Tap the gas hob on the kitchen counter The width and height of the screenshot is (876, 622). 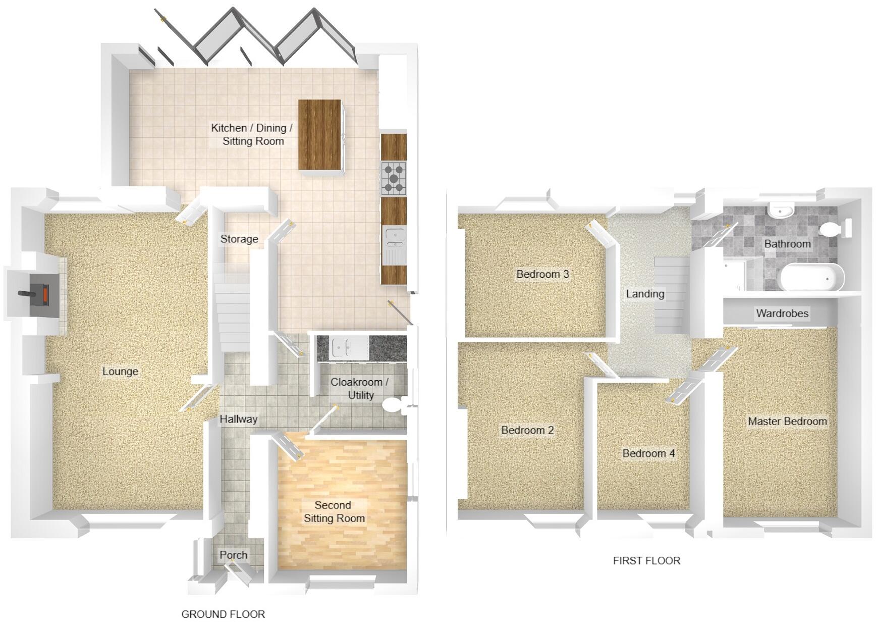click(393, 178)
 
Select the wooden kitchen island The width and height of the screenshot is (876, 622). click(319, 135)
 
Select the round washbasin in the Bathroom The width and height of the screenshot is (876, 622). click(780, 211)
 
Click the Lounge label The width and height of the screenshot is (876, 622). click(120, 372)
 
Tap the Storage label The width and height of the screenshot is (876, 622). click(239, 239)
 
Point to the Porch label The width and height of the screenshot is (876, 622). click(233, 555)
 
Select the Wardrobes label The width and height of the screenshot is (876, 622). click(782, 314)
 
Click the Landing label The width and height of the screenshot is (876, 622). click(645, 294)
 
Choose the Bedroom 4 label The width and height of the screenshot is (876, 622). click(648, 453)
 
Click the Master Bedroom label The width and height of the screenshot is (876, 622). click(787, 421)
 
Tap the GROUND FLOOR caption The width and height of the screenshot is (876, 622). click(223, 614)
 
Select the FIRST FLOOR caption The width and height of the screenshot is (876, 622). click(646, 560)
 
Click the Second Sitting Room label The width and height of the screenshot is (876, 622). click(334, 511)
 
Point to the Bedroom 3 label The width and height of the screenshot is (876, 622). click(542, 274)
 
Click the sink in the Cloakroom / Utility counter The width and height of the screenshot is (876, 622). click(344, 347)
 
